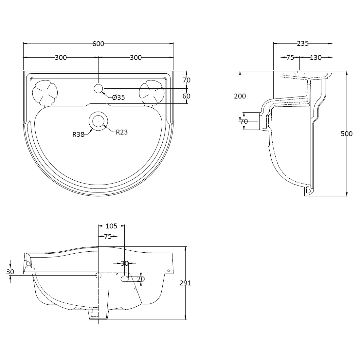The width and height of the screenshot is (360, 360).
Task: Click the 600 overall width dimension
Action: tap(98, 44)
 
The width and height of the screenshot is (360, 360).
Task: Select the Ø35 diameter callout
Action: tap(118, 97)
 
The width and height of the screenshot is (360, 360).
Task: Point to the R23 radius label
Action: tap(121, 132)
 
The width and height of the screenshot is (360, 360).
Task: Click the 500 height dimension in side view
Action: tap(347, 134)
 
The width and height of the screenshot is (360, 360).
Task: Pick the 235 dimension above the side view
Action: tap(302, 44)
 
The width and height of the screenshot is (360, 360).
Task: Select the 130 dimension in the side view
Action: tap(315, 58)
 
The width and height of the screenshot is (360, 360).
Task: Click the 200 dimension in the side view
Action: tap(240, 96)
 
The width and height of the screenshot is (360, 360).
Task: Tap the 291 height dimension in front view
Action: tap(185, 283)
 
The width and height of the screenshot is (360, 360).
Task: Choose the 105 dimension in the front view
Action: tap(112, 226)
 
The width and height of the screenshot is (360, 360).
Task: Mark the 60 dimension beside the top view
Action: tap(187, 96)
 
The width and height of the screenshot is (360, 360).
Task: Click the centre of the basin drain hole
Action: tap(97, 121)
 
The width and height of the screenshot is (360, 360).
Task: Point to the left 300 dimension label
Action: tap(61, 58)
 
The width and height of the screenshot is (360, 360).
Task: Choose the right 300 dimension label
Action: tap(136, 58)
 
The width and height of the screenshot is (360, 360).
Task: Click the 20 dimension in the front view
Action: tap(141, 279)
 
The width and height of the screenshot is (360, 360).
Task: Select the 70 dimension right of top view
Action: tap(187, 80)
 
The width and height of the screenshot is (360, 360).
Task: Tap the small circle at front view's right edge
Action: tap(168, 271)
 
